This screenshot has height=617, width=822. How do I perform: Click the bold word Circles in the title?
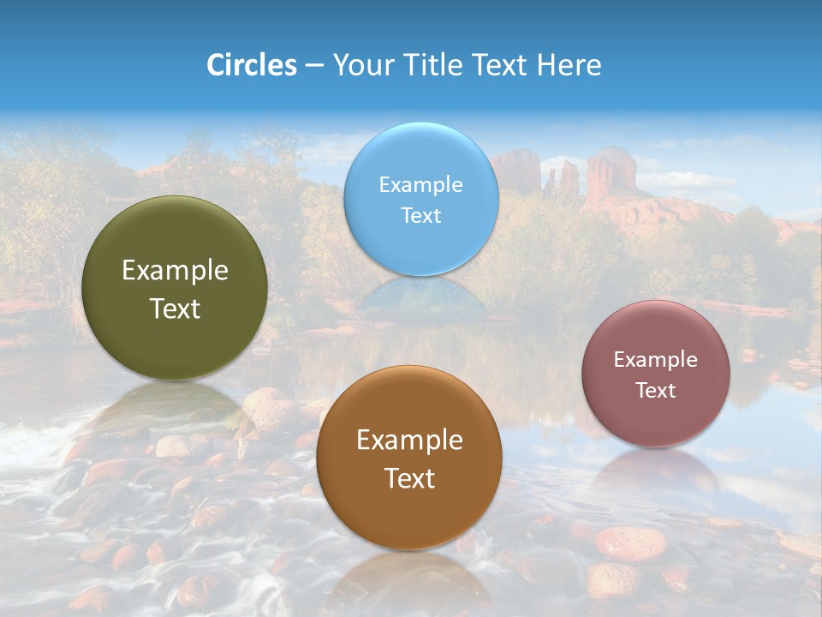[252, 65]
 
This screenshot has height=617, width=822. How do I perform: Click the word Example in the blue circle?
[420, 185]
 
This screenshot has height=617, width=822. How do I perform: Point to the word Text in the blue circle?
[420, 216]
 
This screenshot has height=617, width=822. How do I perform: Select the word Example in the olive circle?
[175, 271]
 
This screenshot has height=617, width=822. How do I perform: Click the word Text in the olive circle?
[175, 309]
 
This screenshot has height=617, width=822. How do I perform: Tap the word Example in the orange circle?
[409, 440]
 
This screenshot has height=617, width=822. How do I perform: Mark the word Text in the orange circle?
[409, 479]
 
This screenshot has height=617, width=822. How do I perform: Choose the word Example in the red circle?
[656, 360]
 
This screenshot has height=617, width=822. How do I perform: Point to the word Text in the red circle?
[656, 391]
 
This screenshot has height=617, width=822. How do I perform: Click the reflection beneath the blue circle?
[420, 296]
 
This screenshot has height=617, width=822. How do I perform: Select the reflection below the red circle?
[656, 471]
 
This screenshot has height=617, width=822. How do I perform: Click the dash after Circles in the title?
[314, 66]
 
